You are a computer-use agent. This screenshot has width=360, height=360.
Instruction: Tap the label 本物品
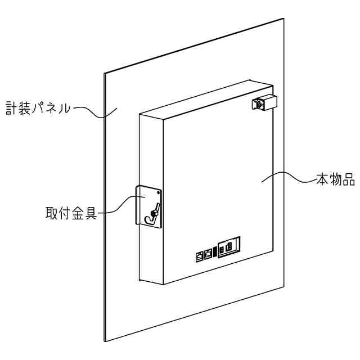coord(335,181)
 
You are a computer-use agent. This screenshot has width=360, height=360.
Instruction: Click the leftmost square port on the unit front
coord(200,255)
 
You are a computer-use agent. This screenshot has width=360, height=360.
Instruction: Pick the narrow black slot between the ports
coord(215,251)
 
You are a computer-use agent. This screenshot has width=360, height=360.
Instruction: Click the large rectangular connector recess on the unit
coord(229,246)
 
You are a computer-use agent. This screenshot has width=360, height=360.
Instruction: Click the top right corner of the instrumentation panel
coord(283,19)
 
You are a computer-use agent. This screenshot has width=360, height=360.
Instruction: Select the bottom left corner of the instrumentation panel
coord(105,341)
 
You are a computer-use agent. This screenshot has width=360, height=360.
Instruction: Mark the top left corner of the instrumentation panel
coord(104,73)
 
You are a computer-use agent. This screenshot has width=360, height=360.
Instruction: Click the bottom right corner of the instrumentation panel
coord(284,286)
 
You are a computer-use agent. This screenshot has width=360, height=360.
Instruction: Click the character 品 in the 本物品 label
coord(348,181)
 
